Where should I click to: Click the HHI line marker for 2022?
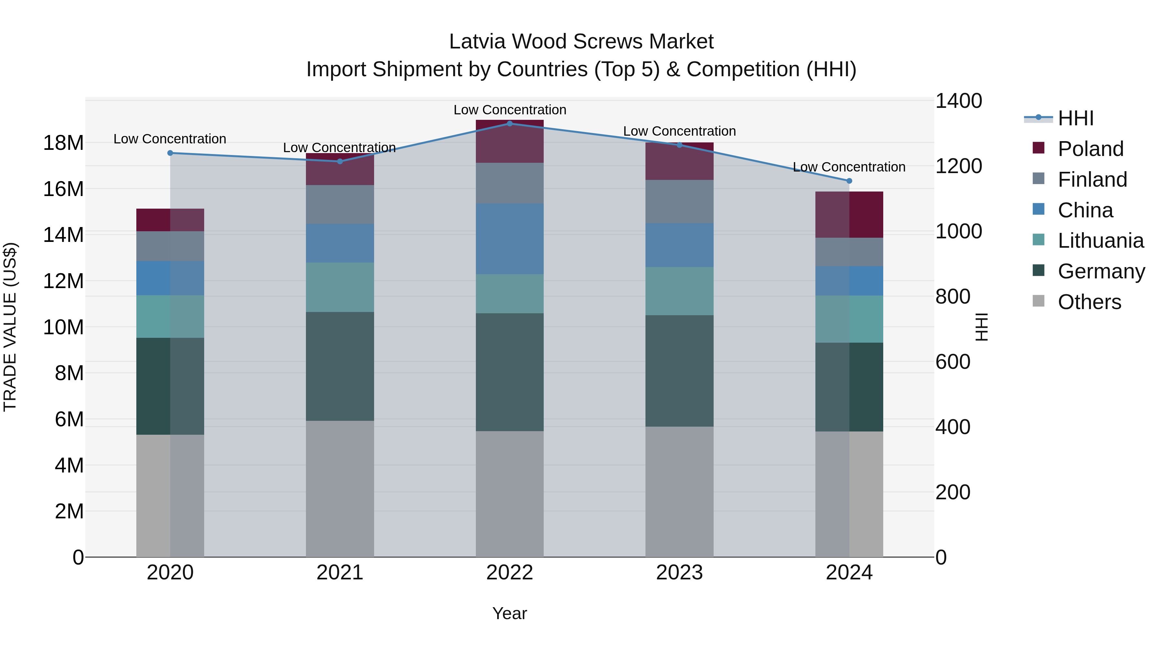[510, 123]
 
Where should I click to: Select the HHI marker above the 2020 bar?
[170, 153]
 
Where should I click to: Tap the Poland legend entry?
[1090, 149]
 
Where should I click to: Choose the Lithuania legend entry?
[1100, 241]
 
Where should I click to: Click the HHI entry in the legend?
[1075, 118]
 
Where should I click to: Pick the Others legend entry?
[1089, 302]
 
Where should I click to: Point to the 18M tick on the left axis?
[63, 143]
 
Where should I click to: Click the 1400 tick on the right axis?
[958, 101]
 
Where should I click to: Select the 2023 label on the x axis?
[679, 573]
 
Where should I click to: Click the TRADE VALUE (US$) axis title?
[10, 327]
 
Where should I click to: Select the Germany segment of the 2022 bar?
[510, 372]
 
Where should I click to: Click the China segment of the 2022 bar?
[510, 239]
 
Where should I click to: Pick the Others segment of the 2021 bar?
[340, 489]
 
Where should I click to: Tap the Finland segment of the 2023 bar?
[679, 202]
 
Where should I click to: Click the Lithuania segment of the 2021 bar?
[340, 287]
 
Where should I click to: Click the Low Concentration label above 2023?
[679, 131]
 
